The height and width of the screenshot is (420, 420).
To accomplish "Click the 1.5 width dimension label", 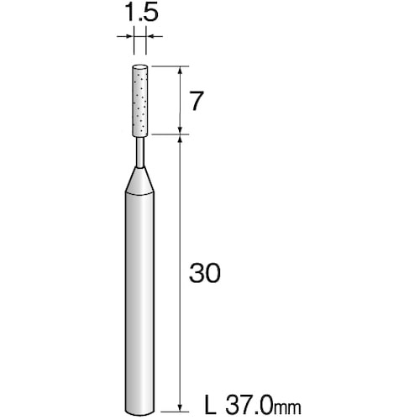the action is click(142, 13).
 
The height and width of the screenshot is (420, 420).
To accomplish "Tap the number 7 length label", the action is click(196, 101).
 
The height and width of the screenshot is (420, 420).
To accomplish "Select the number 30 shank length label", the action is click(205, 273).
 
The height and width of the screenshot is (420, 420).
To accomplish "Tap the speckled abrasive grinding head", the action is click(139, 101).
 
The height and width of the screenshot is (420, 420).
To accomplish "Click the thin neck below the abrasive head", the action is click(139, 152).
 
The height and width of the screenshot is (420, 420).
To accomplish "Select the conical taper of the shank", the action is click(139, 181).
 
